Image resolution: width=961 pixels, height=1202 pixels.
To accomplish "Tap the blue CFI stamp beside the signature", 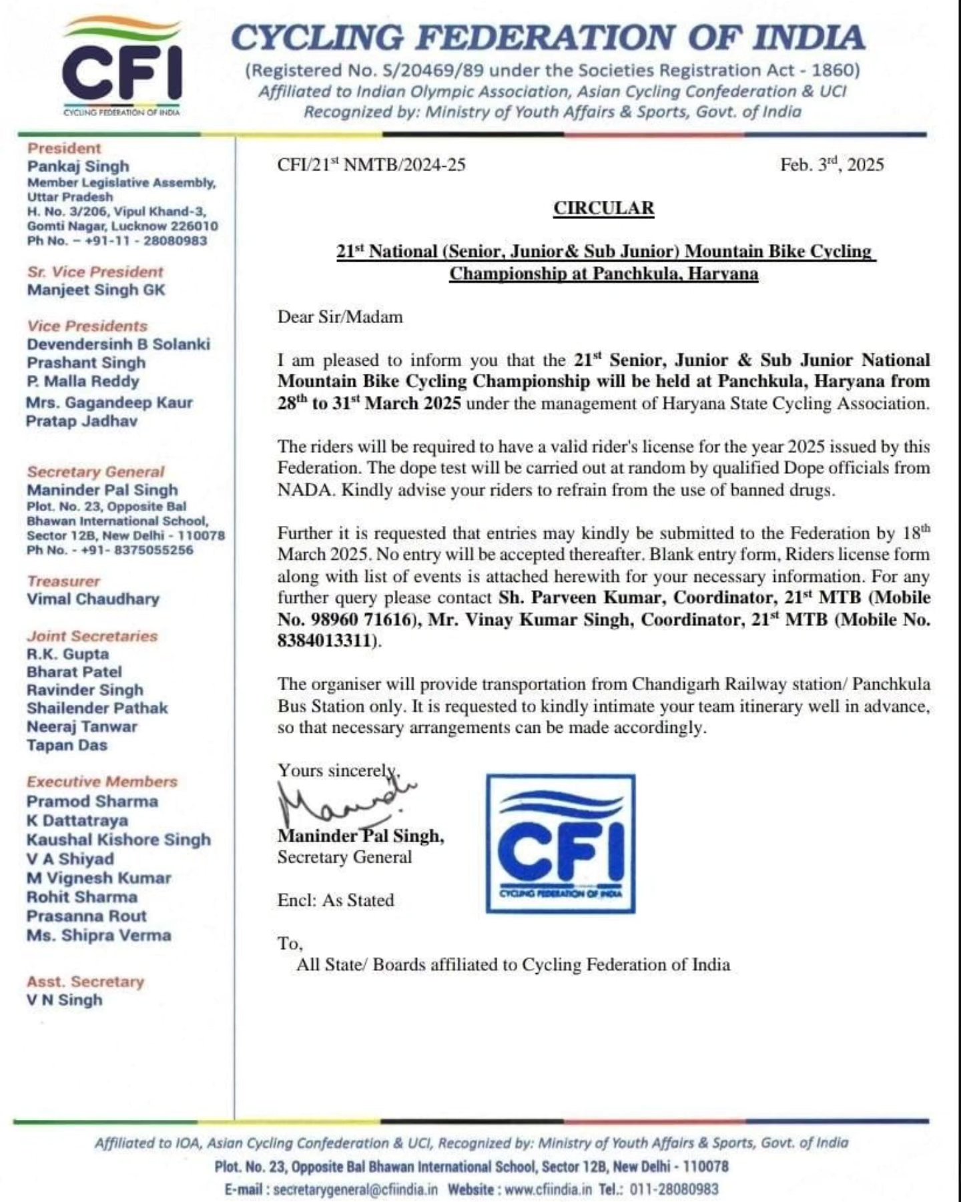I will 561,844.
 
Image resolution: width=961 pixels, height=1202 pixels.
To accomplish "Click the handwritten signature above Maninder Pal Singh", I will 344,802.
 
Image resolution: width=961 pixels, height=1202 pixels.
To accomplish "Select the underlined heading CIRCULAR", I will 603,208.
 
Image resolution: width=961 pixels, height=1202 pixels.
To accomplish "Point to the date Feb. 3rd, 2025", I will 832,165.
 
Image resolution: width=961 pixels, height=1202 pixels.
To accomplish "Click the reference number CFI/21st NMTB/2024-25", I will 371,165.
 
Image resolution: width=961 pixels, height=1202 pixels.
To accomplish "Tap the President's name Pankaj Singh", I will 78,166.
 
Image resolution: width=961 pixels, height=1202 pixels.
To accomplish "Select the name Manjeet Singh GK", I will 96,290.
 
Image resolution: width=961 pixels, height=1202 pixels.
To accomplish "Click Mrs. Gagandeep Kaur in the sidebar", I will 109,402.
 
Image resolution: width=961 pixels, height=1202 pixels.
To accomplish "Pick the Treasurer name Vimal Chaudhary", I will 93,599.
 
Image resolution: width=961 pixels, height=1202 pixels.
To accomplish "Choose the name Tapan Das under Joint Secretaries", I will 67,745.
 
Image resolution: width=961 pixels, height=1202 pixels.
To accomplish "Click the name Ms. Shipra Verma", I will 99,935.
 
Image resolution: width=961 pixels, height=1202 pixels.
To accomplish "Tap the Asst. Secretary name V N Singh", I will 65,1000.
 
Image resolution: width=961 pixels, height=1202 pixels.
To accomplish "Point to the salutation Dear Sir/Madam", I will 340,316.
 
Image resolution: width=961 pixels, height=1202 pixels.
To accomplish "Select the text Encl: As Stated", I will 336,900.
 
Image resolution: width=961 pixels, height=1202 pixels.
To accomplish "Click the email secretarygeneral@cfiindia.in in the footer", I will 355,1189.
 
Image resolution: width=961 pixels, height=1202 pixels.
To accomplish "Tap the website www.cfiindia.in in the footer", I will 548,1189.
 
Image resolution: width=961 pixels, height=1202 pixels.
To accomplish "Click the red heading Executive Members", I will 102,782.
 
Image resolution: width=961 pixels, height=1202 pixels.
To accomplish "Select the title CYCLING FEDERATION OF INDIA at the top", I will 547,37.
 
